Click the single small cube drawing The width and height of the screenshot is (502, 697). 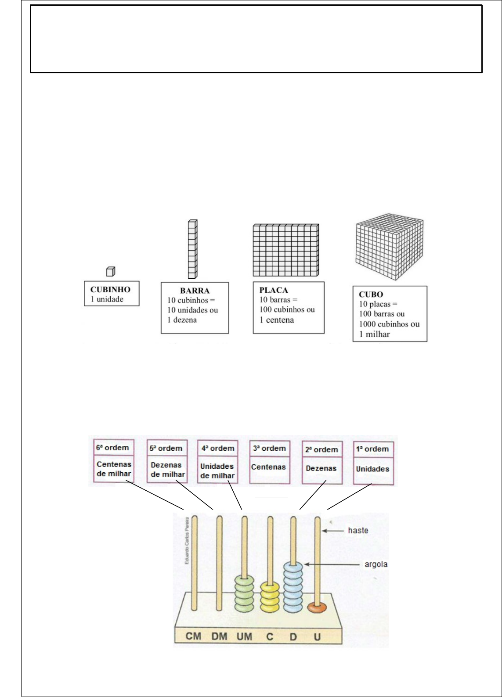(111, 272)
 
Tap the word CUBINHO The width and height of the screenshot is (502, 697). (110, 290)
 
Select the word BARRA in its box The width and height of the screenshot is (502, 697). (195, 291)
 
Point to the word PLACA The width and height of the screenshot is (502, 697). (274, 290)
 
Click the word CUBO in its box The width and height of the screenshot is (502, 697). (371, 295)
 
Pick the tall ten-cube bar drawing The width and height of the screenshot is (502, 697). (192, 249)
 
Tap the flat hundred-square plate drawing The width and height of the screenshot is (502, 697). (285, 250)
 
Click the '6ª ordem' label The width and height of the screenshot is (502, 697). (112, 448)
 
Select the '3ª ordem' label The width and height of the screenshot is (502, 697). (269, 448)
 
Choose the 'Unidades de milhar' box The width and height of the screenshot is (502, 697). (217, 471)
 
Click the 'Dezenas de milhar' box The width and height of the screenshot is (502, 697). (167, 470)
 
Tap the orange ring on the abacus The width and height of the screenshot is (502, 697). (317, 608)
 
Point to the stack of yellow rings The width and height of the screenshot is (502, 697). (270, 597)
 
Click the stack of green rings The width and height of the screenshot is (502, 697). (245, 593)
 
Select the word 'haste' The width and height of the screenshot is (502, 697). (358, 531)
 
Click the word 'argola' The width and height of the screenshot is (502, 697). (376, 564)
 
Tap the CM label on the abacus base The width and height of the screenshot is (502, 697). (193, 636)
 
